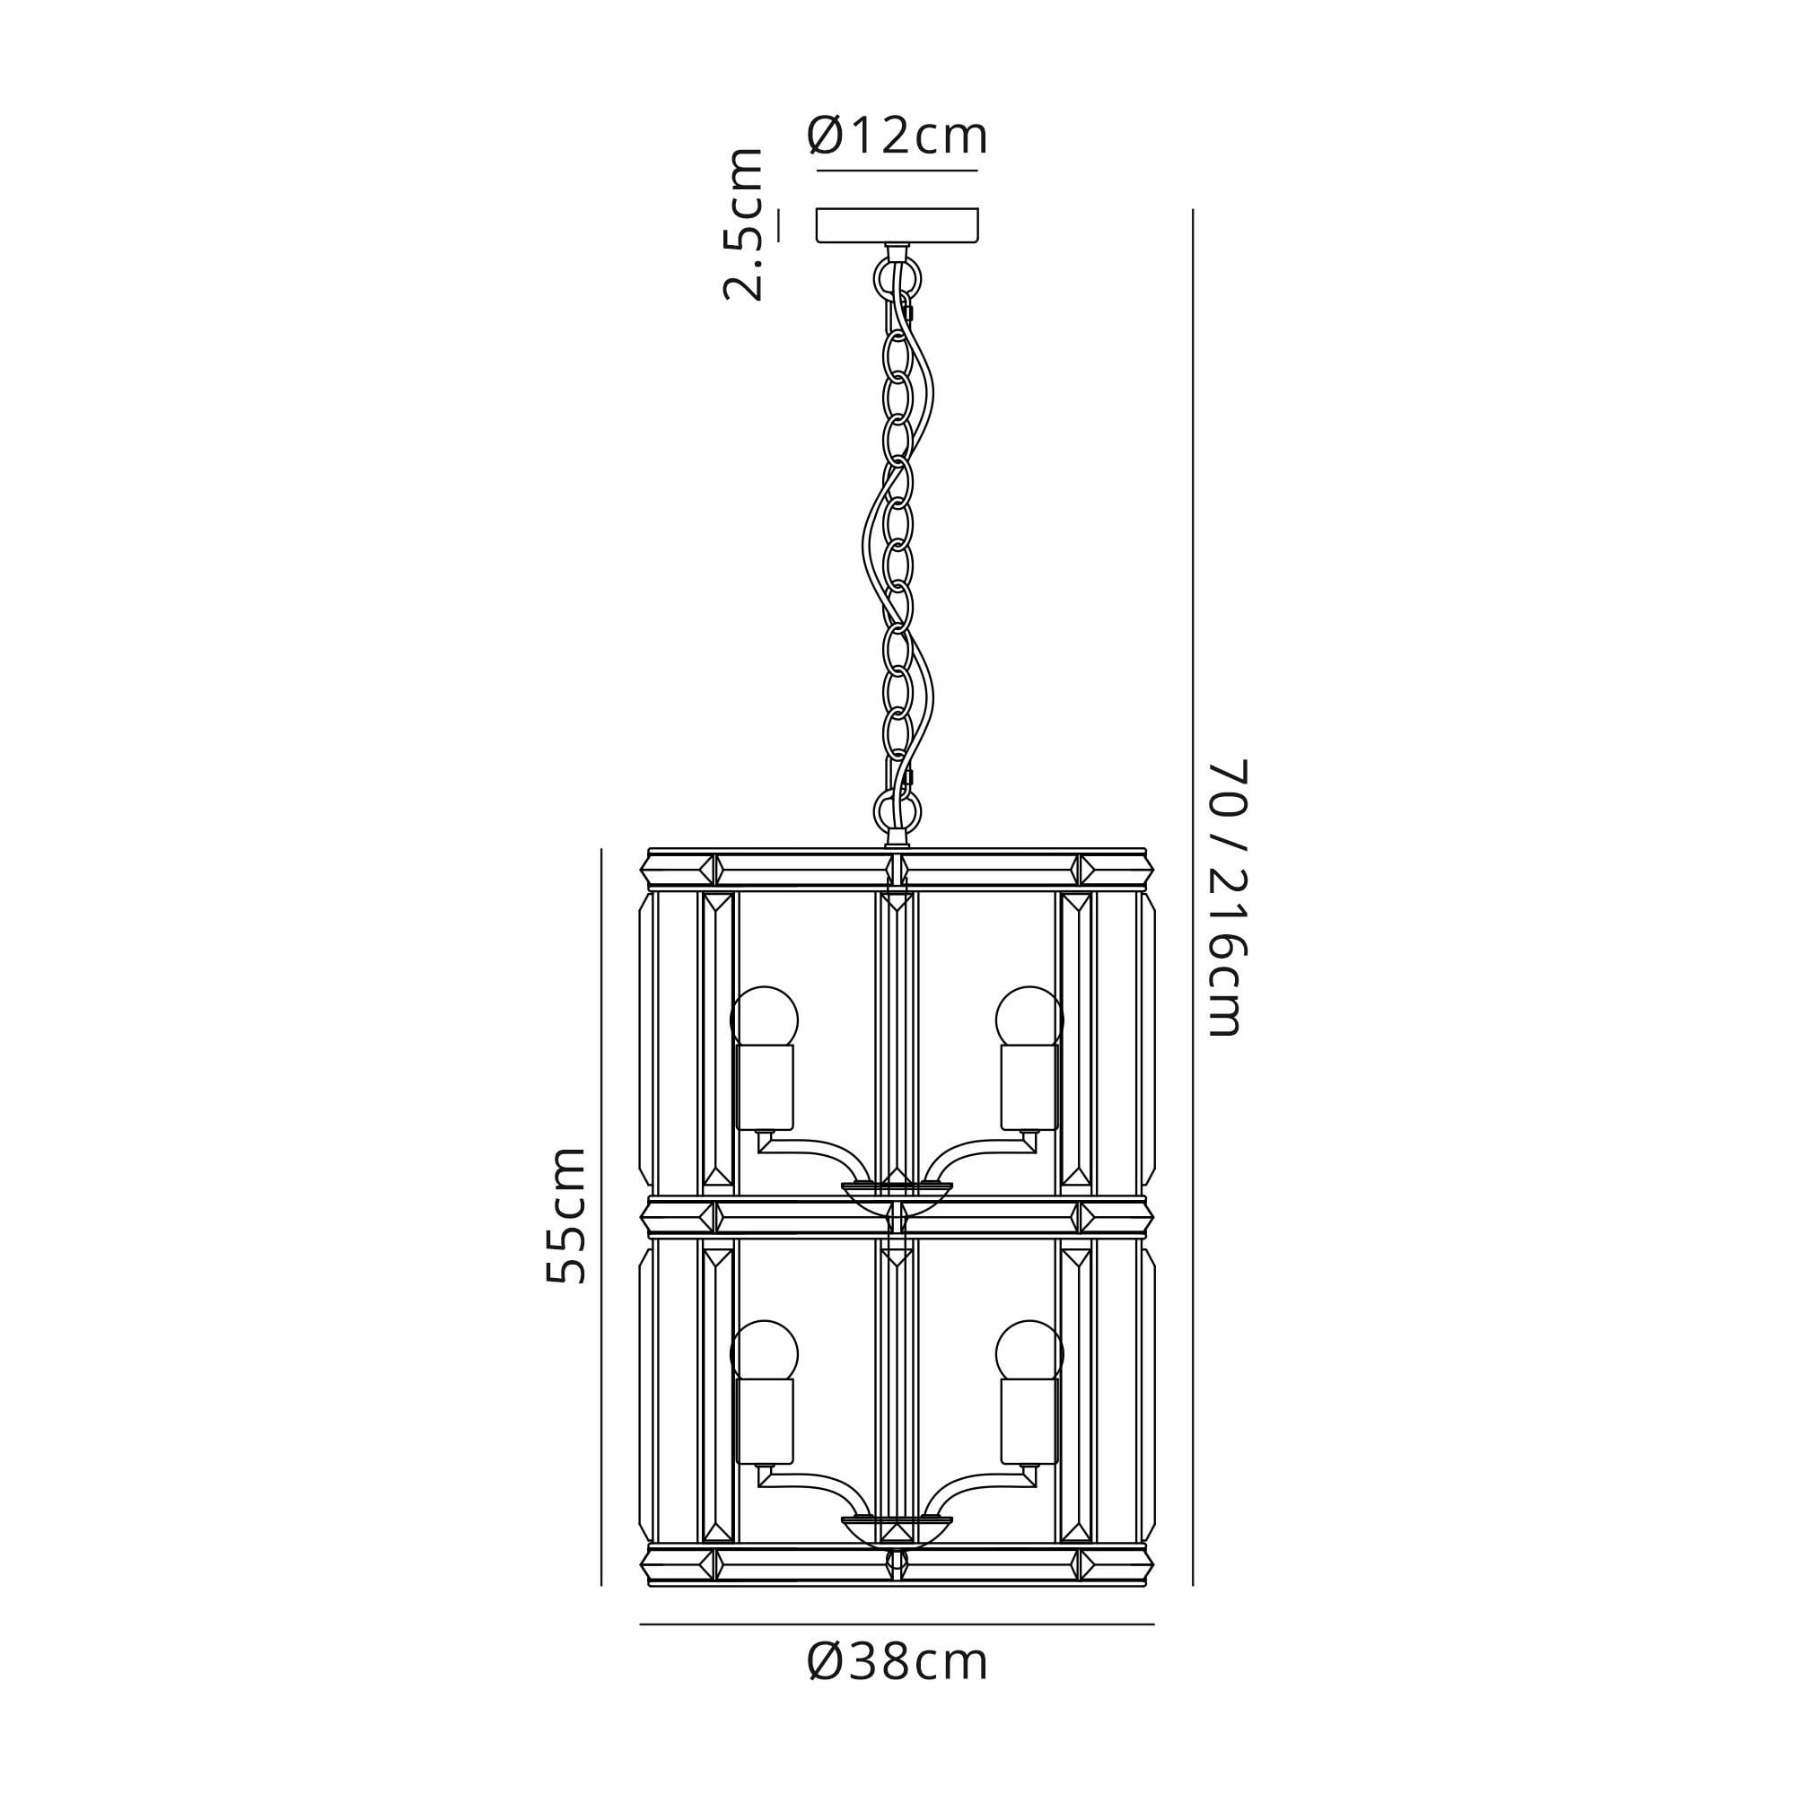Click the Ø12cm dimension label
[x=897, y=136]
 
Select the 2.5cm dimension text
[x=744, y=223]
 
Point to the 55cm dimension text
[x=565, y=1216]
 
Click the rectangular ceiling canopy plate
[x=897, y=225]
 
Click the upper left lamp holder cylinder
[x=765, y=1087]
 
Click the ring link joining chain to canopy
[x=897, y=276]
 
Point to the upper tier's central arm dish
[x=897, y=1193]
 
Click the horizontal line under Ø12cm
[x=897, y=171]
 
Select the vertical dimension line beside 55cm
[x=601, y=1216]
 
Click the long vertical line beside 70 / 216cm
[x=1192, y=897]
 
